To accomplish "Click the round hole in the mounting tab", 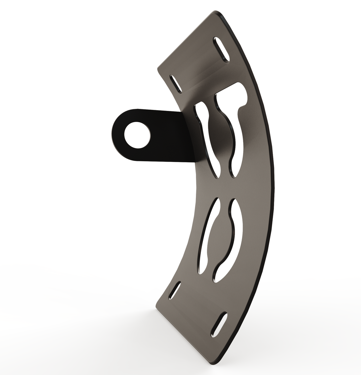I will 137,135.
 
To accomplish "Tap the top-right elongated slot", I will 222,49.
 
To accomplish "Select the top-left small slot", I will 176,84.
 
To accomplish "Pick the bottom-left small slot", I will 175,290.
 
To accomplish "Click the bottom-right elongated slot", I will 219,324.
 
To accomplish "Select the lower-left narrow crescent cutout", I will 207,235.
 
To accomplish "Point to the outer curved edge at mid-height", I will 274,187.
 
